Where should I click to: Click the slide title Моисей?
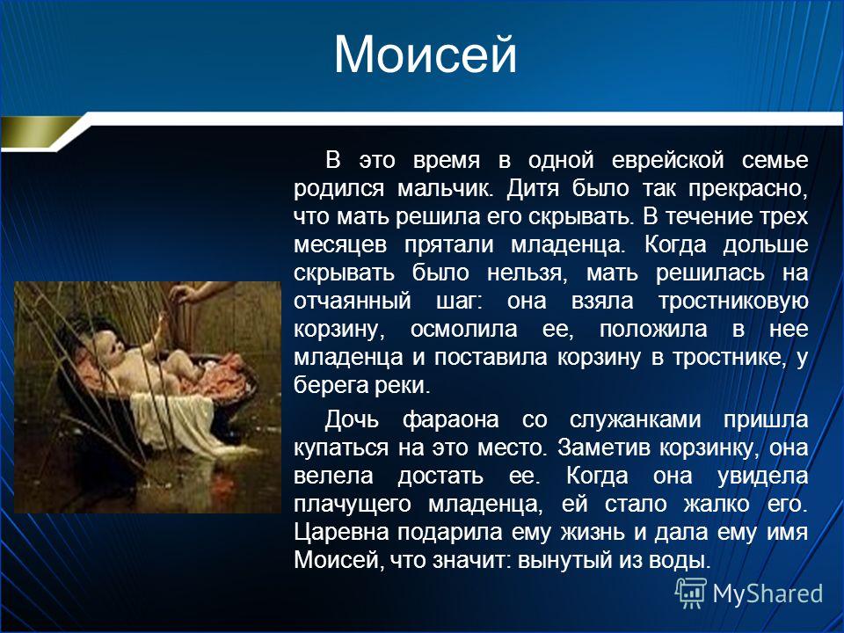point(426,55)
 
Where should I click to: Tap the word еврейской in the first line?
point(667,161)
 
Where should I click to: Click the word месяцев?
point(340,245)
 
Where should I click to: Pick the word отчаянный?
point(352,301)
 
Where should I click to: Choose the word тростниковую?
point(733,302)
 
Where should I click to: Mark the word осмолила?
point(463,330)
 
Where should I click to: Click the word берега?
point(330,385)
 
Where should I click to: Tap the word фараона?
point(450,420)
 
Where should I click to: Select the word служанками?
point(635,420)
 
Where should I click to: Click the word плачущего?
point(353,505)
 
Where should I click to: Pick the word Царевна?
point(342,533)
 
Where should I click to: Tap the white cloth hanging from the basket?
point(173,421)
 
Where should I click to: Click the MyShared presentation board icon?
point(691,593)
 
